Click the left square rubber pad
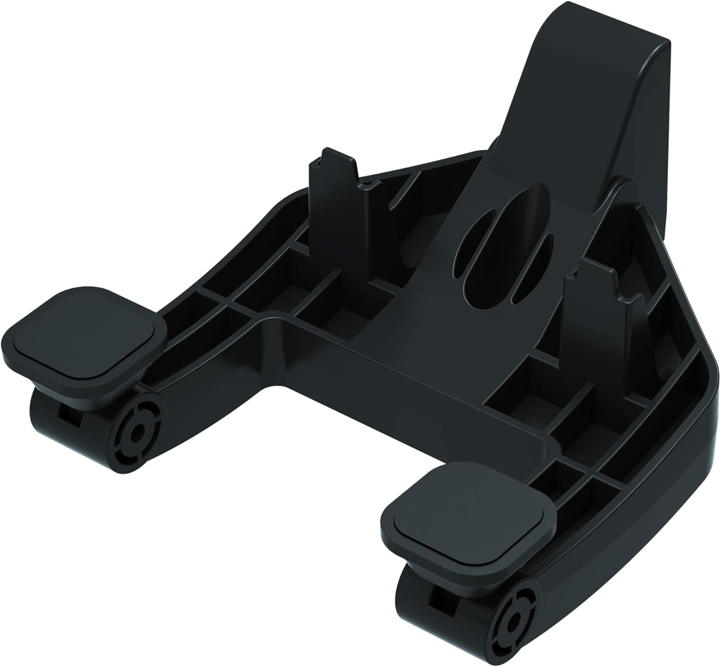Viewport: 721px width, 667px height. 84,339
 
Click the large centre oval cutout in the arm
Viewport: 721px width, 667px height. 505,240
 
